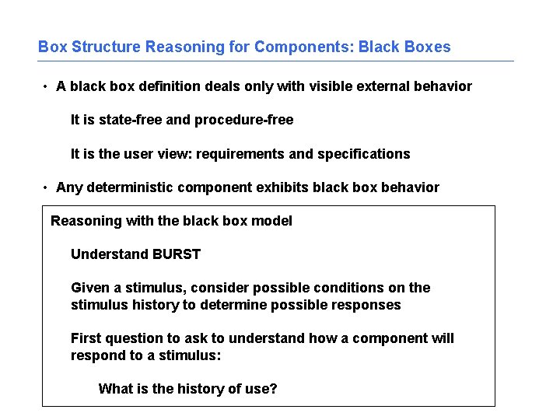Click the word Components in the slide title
[x=303, y=47]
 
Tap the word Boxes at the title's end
[x=427, y=47]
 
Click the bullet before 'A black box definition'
[x=47, y=86]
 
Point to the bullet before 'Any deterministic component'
[x=47, y=187]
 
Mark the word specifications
[x=363, y=154]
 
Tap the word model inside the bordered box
[x=273, y=221]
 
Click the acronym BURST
[x=177, y=254]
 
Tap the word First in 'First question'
[x=86, y=338]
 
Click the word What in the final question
[x=114, y=389]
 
